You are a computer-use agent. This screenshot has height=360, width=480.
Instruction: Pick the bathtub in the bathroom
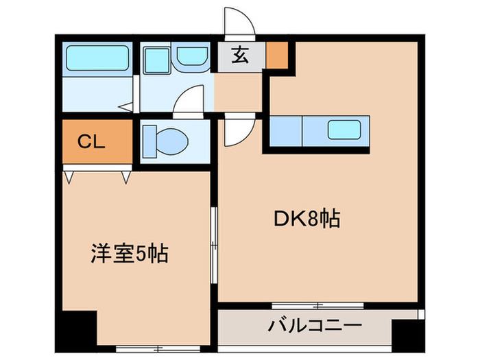pos(96,60)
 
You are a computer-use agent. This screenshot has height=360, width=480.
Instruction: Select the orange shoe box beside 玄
pos(277,56)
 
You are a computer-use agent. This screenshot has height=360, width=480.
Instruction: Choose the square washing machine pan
pos(157,60)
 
